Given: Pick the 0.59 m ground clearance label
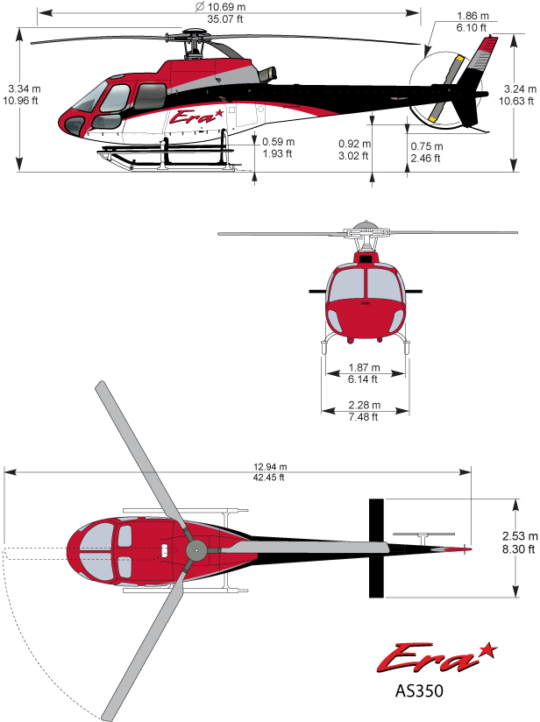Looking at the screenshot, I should click(279, 143).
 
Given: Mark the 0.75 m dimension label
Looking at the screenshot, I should click(426, 146).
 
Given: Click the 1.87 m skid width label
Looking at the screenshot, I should click(363, 368).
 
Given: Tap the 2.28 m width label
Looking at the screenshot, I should click(363, 405).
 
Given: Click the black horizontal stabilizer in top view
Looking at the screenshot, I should click(376, 548).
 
